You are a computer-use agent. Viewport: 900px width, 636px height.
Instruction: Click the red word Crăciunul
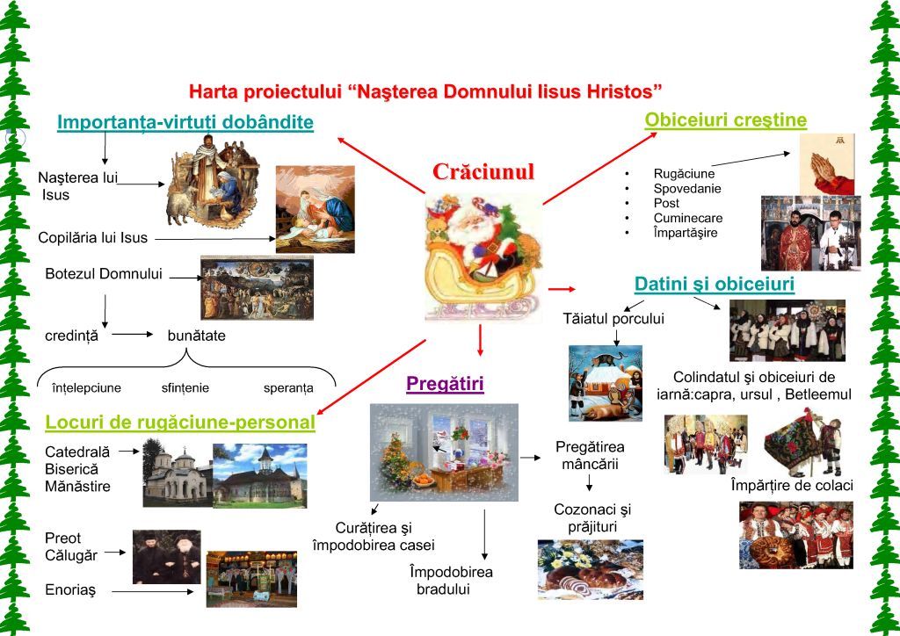coord(483,171)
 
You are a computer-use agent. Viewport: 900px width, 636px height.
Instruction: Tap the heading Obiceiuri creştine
coord(725,120)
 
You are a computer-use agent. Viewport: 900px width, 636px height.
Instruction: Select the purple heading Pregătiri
coord(445,384)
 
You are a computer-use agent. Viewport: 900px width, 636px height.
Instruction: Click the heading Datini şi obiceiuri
coord(714,285)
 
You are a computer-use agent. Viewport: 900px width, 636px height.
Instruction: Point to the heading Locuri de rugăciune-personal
coord(180,423)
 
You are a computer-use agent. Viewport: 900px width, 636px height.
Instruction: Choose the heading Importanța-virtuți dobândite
coord(185,122)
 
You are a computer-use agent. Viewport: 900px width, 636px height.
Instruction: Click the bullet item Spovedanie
coord(686,189)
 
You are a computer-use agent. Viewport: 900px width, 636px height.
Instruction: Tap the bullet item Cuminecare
coord(687,219)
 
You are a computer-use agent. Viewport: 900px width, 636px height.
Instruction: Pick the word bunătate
coord(196,336)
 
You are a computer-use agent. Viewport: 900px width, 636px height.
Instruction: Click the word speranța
coord(287,387)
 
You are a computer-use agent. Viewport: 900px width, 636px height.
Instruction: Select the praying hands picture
coord(826,163)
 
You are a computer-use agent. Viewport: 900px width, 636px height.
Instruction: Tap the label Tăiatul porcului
coord(613,318)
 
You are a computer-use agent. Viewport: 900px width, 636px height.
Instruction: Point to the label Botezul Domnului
coord(104,274)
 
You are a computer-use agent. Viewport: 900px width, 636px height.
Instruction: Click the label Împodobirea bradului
coord(451,580)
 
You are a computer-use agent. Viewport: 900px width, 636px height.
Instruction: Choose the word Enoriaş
coord(70,590)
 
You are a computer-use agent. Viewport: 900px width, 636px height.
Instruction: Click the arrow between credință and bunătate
coord(133,335)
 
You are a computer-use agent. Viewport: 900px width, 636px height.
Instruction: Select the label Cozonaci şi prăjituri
coord(592,517)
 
